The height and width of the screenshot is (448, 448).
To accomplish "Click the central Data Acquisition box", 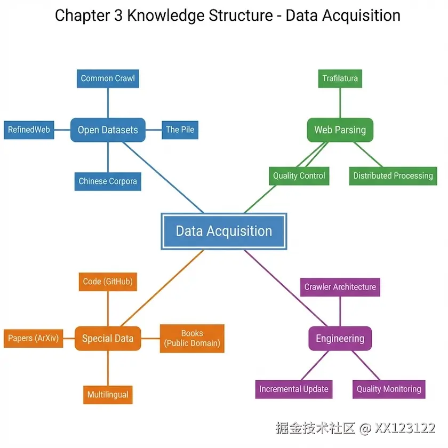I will pos(224,231).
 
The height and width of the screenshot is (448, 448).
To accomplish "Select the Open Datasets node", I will pos(108,130).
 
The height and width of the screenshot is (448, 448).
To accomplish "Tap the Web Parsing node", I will pos(340,130).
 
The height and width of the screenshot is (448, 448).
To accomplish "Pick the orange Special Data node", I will pos(108,338).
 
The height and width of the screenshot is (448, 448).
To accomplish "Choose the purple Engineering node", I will pos(340,338).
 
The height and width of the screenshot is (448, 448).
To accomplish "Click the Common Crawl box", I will pos(108,78).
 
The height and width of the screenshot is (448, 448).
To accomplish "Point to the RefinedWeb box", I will pos(29,130).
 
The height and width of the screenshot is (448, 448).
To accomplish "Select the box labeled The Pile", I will pos(180,130).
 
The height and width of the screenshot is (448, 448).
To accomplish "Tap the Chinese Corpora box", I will pos(108,181).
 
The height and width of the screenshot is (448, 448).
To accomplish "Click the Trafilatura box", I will pos(340,78).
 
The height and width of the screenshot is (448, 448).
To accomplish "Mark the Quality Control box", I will pos(299,176).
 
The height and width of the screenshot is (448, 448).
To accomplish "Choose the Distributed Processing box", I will pos(393,176).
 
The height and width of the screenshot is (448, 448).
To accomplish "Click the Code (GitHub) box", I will pos(108,282).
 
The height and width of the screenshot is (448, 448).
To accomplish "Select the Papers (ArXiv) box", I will pos(33,338).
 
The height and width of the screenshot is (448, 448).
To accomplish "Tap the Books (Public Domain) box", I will pos(192,338).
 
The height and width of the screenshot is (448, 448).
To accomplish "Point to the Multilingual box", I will pos(108,395).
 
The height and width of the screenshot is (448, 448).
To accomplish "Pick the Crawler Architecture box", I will pos(340,287).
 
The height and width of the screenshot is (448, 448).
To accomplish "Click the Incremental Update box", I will pos(294,389).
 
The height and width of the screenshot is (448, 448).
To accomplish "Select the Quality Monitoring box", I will pos(389,389).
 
